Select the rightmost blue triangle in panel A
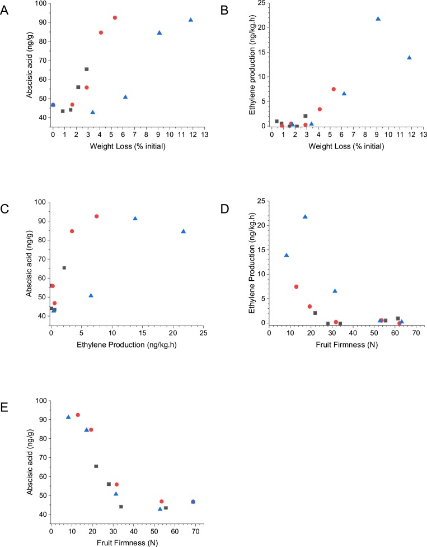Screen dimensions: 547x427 coord(191,20)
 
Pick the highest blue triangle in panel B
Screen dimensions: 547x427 coord(378,18)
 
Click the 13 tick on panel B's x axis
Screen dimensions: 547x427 coord(423,135)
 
